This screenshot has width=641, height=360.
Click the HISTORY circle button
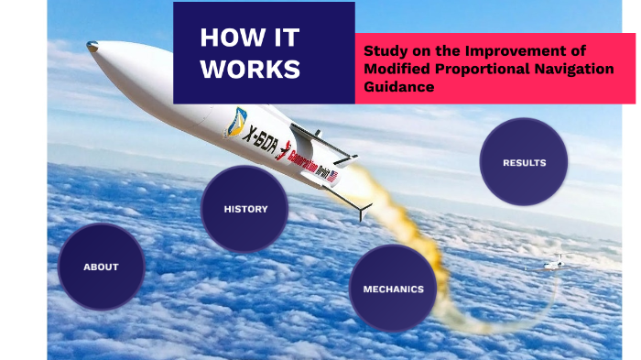[245, 209]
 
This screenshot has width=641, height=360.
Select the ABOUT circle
[101, 267]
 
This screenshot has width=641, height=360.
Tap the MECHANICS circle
[393, 289]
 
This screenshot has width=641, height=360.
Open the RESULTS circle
[524, 163]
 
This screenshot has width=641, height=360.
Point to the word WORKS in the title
[250, 70]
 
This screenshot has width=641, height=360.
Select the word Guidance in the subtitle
[398, 86]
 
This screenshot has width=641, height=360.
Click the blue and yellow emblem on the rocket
[235, 121]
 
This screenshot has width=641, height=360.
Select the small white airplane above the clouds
[552, 266]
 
